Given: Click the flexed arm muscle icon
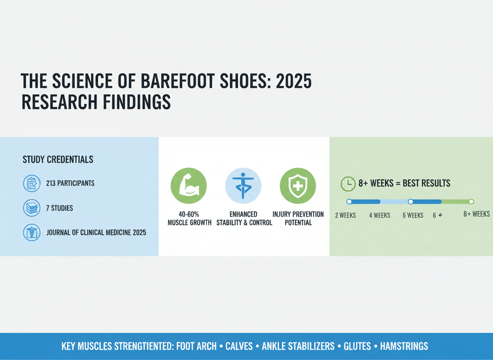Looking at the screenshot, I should click(x=189, y=186).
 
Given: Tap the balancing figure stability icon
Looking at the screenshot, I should click(x=243, y=186).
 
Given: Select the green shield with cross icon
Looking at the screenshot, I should click(x=298, y=186).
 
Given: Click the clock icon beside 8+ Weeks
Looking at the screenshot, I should click(x=348, y=184).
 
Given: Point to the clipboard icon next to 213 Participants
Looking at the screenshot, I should click(x=32, y=183).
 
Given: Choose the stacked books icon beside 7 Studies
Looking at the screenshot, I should click(x=32, y=208).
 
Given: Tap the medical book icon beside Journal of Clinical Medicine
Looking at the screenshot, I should click(x=32, y=232).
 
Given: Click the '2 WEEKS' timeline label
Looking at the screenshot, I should click(x=345, y=215).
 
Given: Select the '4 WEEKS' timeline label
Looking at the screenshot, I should click(x=379, y=215).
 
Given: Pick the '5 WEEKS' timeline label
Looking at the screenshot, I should click(x=413, y=215).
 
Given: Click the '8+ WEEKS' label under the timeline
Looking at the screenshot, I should click(x=476, y=214).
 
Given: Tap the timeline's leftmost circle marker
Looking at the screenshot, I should click(x=349, y=202).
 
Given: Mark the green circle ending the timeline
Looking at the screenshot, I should click(x=471, y=202).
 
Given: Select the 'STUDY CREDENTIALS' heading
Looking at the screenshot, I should click(x=58, y=160).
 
